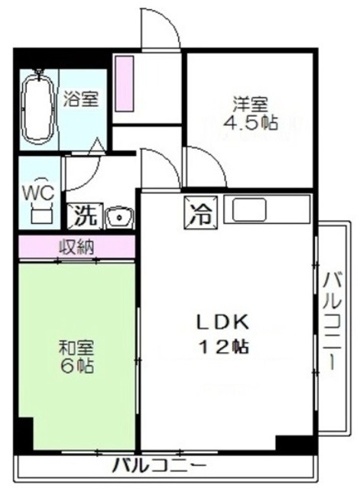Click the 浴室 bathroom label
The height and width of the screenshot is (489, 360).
(80, 99)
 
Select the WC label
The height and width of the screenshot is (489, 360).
(37, 192)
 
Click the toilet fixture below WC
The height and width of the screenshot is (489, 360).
(37, 214)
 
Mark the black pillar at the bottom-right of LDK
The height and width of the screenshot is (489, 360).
(294, 443)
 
